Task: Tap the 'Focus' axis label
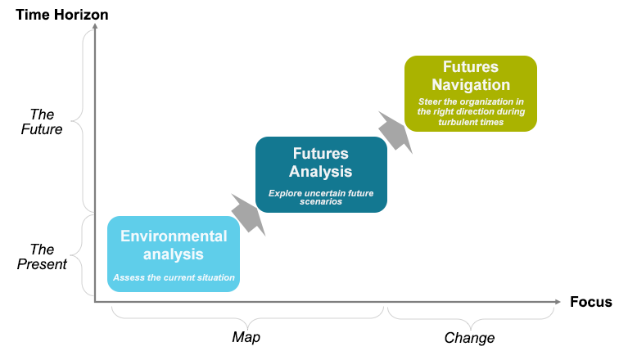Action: coord(590,302)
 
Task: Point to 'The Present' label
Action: coord(42,256)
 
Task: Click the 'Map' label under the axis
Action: coord(246,337)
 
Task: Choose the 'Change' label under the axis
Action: coord(469,337)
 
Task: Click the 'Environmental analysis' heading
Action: coord(174,245)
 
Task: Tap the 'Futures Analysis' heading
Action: coord(321,162)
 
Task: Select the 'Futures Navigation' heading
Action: coord(471,75)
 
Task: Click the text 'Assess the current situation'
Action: coord(174,277)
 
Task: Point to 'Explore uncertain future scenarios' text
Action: coord(321,197)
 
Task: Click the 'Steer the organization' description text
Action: coord(471,111)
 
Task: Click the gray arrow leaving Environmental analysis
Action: coord(248,214)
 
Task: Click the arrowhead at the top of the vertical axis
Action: coord(96,27)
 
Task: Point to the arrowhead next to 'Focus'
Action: coord(560,302)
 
